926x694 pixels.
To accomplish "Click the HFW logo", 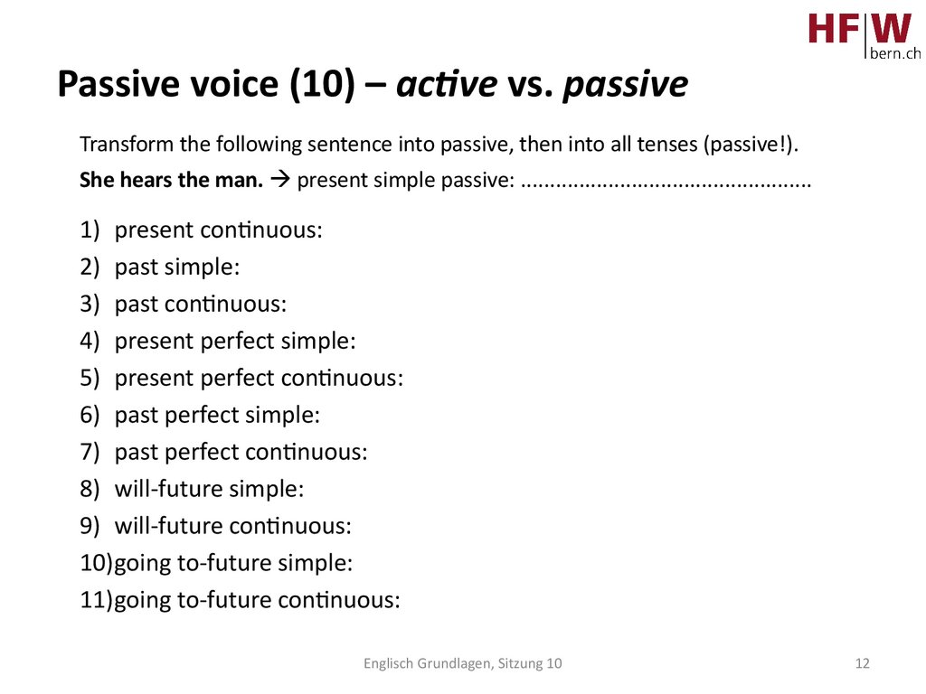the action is [x=864, y=34].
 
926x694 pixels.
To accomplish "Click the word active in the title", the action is [x=447, y=83].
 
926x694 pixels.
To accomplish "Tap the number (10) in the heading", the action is [x=323, y=83].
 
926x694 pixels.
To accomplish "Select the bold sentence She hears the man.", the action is [x=171, y=180].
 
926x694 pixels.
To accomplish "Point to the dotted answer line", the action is [x=666, y=184].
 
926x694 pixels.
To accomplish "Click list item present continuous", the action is [x=219, y=230].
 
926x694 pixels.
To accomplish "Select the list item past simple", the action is [x=177, y=267].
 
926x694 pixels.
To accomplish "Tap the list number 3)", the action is [x=90, y=304].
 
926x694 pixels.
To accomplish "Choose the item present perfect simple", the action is [x=235, y=341].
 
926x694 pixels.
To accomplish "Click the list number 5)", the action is [x=90, y=379].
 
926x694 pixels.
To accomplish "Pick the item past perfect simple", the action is [x=217, y=415].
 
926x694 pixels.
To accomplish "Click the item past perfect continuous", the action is [x=241, y=452].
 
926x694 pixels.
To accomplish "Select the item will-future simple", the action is [x=209, y=489].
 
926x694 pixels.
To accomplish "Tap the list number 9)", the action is [x=90, y=526].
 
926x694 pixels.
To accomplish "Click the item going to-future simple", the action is [x=233, y=563].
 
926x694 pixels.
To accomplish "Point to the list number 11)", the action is [x=96, y=600].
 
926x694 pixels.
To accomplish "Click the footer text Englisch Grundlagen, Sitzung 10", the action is [x=462, y=664].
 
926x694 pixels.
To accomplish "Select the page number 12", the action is [x=862, y=663].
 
